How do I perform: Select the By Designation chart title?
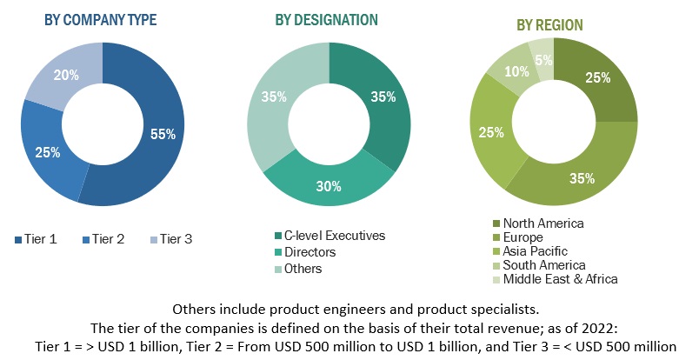click(x=326, y=19)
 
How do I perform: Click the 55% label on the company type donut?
click(x=162, y=134)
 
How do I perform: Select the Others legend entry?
click(x=303, y=268)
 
